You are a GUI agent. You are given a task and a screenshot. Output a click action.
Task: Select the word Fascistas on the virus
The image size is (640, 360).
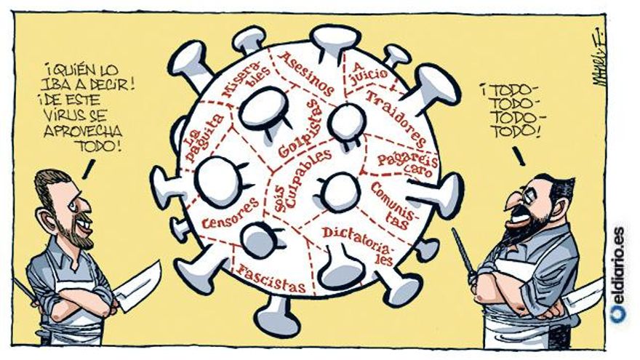(271, 279)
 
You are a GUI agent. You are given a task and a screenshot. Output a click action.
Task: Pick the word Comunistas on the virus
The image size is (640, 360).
(392, 205)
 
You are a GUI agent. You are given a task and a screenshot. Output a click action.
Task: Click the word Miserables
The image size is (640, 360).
(247, 82)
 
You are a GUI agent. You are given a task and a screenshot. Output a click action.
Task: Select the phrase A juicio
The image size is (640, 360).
(370, 71)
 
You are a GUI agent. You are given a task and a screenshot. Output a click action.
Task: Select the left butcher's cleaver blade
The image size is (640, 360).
(137, 286)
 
